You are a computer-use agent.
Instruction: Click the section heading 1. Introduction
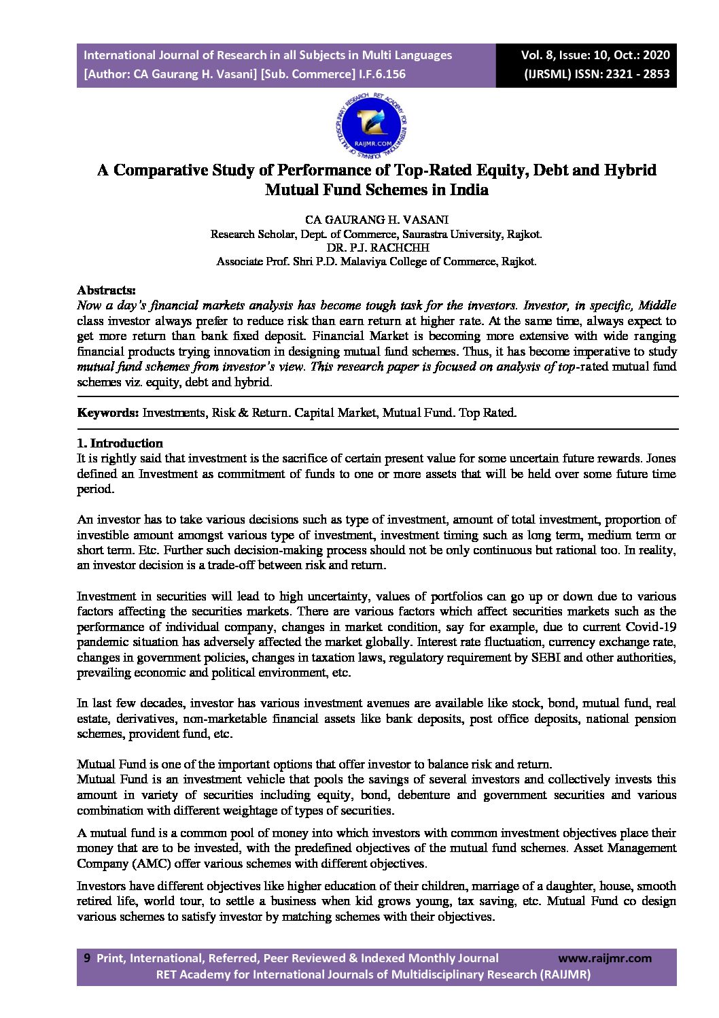click(120, 443)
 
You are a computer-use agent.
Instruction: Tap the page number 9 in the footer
click(86, 958)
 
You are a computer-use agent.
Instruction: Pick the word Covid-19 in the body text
click(651, 626)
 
